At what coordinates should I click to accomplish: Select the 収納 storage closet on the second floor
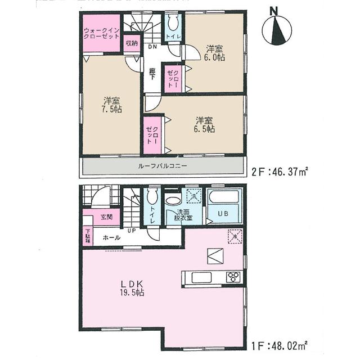click(132, 43)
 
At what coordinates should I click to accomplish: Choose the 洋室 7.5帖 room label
click(111, 105)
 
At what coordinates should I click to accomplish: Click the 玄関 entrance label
click(106, 218)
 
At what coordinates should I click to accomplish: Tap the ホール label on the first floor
click(111, 238)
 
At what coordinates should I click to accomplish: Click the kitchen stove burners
click(233, 277)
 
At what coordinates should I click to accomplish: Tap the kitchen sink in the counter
click(201, 277)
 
